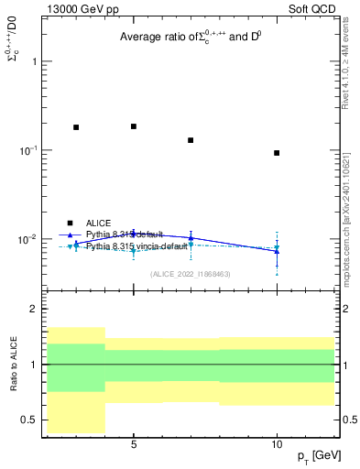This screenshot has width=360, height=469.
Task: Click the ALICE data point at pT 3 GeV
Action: click(76, 127)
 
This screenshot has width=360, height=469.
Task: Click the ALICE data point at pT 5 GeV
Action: click(134, 126)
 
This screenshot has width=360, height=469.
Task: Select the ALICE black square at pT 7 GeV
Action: click(191, 140)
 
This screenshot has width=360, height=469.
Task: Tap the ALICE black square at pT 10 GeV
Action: click(277, 153)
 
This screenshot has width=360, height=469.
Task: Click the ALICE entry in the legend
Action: click(98, 223)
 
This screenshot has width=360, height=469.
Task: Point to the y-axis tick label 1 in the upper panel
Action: click(35, 61)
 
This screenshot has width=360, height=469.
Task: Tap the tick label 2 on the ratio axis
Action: click(35, 310)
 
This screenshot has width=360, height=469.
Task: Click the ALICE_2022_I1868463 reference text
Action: click(191, 274)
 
